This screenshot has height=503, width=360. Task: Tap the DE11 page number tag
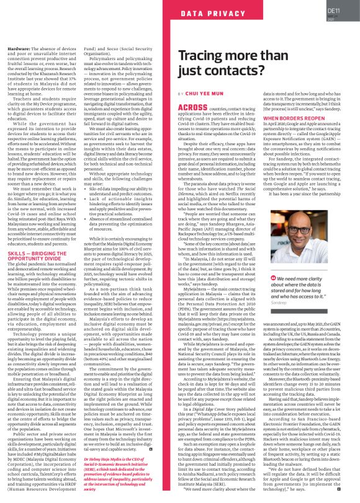tap(333, 9)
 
